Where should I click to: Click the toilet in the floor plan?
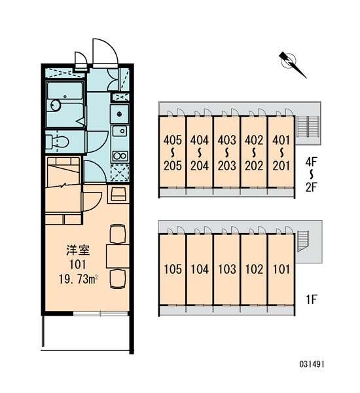click(x=58, y=142)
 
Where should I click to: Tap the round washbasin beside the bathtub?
click(x=56, y=105)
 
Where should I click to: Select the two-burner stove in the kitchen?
click(x=120, y=156)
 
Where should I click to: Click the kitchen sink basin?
click(x=120, y=130)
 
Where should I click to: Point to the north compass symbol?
click(x=292, y=64)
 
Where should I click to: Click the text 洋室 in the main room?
click(x=78, y=250)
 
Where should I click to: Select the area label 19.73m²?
click(x=78, y=279)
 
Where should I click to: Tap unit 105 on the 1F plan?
click(x=173, y=269)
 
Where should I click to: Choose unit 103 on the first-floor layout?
click(x=227, y=269)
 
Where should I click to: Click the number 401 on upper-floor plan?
click(x=281, y=140)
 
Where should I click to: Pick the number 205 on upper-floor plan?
click(x=173, y=166)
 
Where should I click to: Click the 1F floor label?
click(x=312, y=299)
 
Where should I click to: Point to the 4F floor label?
click(x=311, y=162)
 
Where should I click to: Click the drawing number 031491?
click(x=312, y=364)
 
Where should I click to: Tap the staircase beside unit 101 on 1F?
click(x=302, y=241)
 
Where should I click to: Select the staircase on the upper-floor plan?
click(x=308, y=126)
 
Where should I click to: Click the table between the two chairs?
click(x=118, y=256)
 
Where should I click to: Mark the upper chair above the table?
click(x=118, y=234)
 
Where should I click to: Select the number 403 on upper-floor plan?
click(x=227, y=140)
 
